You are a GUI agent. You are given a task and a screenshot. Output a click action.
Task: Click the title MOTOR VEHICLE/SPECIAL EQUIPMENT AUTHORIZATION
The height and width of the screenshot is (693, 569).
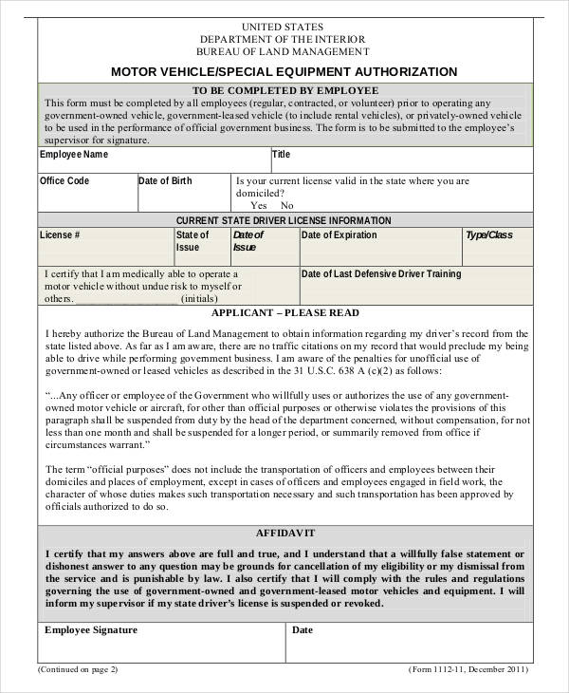point(284,71)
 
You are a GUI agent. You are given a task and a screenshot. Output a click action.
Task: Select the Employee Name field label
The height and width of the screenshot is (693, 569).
point(74,154)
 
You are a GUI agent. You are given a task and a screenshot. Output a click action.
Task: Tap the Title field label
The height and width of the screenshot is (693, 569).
point(282,154)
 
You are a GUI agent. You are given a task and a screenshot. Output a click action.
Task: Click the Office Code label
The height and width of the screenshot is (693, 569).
point(64,180)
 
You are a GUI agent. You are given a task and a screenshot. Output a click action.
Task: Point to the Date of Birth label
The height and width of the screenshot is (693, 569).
point(166,180)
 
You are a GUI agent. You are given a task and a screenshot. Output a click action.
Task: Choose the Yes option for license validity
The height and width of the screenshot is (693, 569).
point(258,205)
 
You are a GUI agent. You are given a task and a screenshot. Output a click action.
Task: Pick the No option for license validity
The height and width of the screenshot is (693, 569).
point(287,205)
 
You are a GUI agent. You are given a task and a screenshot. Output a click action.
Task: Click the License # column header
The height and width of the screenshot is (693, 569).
point(60,234)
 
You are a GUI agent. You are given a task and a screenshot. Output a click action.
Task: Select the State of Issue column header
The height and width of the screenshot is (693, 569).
point(193,241)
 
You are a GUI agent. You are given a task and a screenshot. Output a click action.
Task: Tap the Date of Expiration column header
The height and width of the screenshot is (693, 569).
point(339,234)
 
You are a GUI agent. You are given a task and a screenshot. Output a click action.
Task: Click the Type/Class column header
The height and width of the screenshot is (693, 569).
point(488,234)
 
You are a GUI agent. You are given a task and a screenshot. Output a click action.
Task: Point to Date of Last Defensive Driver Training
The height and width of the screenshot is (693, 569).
point(381,274)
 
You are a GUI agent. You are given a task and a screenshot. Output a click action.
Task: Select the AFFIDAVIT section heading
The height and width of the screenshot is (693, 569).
point(284,534)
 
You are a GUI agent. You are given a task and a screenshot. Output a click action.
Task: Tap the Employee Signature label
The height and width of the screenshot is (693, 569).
point(91,629)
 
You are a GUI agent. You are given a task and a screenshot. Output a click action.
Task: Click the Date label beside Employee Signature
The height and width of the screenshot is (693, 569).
point(303,629)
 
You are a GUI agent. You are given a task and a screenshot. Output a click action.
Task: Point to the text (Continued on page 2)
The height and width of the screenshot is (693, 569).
point(78,668)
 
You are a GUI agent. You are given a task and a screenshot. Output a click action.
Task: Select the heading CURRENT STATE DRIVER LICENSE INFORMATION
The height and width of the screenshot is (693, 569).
point(284,219)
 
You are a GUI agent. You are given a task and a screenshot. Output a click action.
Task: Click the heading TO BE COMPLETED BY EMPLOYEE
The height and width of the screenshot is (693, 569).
point(284,90)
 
